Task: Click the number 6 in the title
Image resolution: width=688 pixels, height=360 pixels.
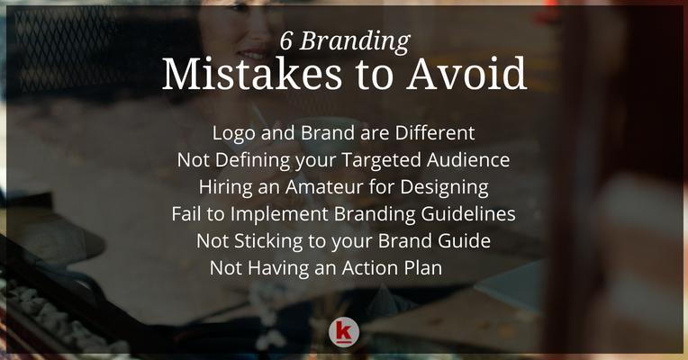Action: tap(286, 41)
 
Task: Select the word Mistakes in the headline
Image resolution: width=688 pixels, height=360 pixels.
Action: tap(252, 74)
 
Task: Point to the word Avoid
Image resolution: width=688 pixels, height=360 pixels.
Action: tap(466, 74)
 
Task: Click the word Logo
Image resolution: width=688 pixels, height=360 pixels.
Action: tap(234, 134)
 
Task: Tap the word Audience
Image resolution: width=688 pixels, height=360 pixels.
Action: tap(468, 159)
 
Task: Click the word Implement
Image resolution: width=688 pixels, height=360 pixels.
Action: tap(279, 215)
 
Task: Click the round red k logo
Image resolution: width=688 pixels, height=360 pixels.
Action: tap(344, 332)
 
